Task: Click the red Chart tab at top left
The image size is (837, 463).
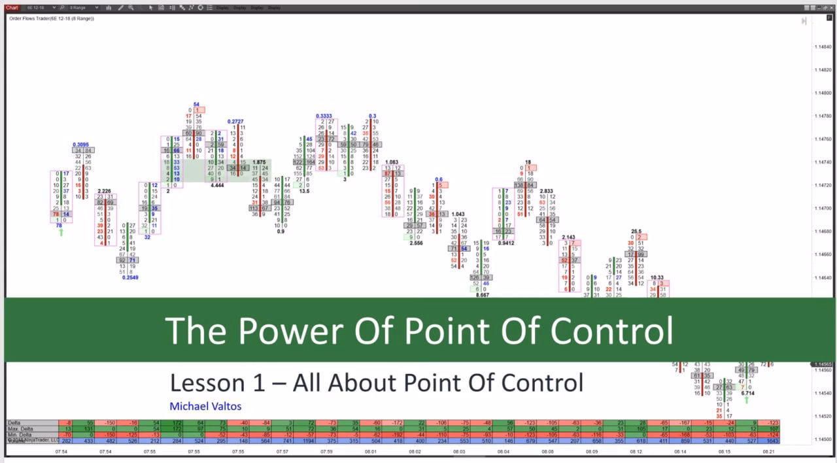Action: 12,7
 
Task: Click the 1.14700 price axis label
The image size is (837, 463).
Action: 823,209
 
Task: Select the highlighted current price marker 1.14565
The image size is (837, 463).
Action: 823,364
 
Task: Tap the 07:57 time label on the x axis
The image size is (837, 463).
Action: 282,452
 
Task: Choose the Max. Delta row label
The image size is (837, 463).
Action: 20,429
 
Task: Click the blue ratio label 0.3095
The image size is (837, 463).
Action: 81,145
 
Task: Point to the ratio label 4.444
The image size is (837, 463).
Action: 217,186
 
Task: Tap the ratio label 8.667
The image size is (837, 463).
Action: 482,295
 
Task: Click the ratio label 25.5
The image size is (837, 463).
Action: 636,231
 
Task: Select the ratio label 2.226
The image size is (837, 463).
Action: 104,191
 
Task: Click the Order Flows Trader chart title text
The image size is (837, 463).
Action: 51,18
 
